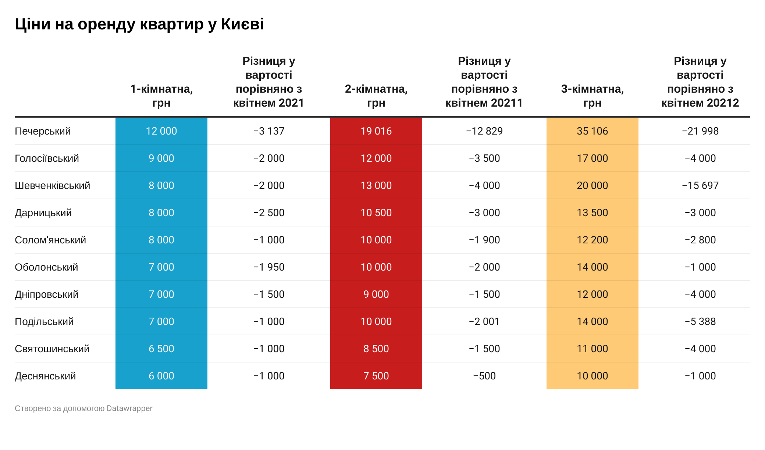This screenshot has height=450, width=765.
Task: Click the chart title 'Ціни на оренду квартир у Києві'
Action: point(139,24)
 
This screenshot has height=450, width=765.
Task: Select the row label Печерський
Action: point(43,131)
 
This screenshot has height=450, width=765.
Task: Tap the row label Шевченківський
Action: point(52,186)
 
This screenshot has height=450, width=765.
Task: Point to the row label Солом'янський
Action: point(50,240)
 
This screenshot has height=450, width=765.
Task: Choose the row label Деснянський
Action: point(45,376)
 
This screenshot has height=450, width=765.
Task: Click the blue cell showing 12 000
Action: point(161,131)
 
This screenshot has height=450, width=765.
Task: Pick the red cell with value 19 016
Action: point(376,131)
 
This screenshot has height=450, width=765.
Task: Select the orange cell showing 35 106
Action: point(592,131)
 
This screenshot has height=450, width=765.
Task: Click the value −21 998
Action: point(700,131)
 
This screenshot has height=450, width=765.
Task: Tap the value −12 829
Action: point(484,131)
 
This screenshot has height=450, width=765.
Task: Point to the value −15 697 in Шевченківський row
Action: point(700,186)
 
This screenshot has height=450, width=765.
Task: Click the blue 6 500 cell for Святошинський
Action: point(161,349)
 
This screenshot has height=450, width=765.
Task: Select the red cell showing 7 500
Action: point(376,376)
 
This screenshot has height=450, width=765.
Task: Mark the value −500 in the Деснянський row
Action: point(484,376)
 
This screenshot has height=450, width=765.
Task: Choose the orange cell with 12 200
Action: point(592,240)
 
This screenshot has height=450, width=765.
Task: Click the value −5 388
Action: point(700,322)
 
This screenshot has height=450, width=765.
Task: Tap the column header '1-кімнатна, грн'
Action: point(161,96)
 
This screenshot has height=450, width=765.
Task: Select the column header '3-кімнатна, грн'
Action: point(592,96)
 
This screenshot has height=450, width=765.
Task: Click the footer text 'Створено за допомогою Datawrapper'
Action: point(83,408)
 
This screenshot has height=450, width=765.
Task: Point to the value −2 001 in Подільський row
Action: point(484,322)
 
